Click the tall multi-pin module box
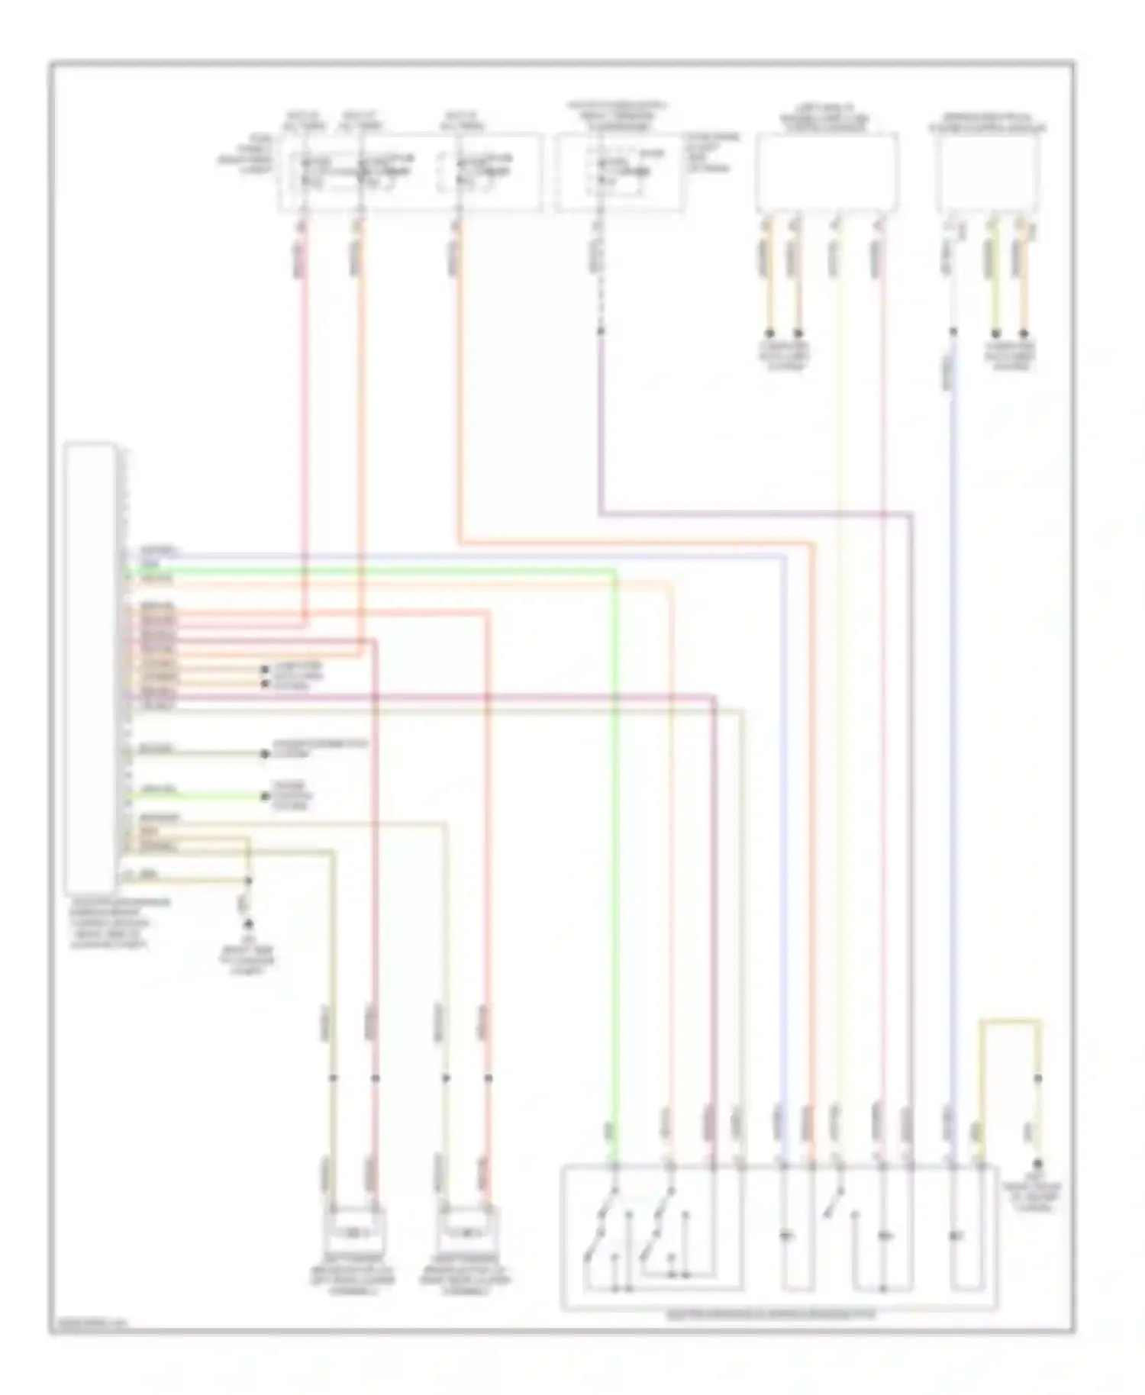point(91,668)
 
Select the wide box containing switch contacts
point(779,1236)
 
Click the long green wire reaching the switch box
point(615,839)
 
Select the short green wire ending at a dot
point(198,796)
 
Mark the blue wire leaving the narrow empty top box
point(953,763)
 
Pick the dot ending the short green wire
point(265,796)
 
